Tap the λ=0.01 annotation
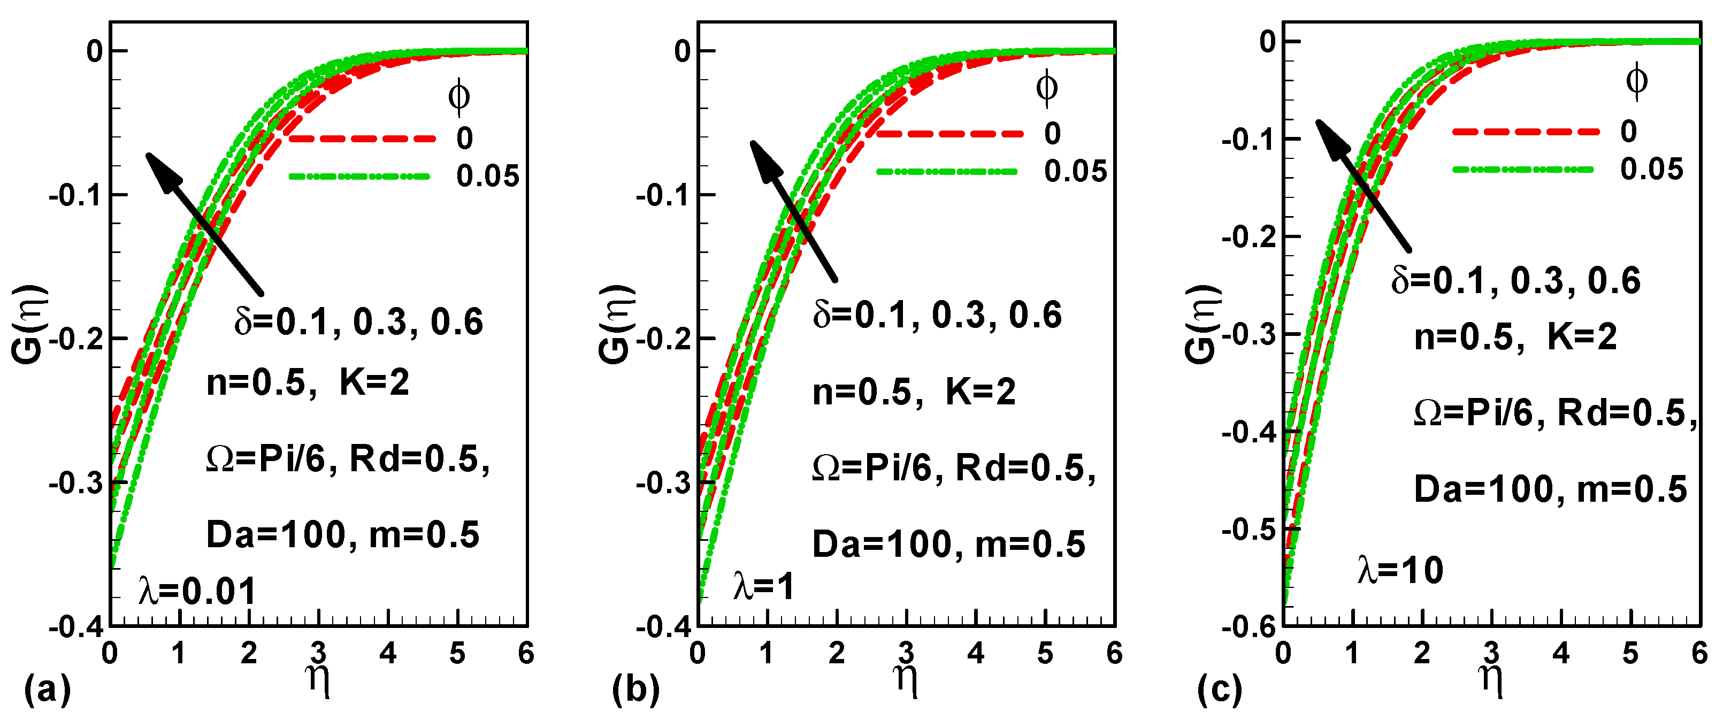pyautogui.click(x=197, y=592)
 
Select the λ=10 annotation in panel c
pyautogui.click(x=1400, y=571)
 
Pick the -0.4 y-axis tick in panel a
pyautogui.click(x=76, y=627)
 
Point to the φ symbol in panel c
pyautogui.click(x=1636, y=81)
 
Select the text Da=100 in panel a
pyautogui.click(x=276, y=535)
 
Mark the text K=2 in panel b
pyautogui.click(x=981, y=392)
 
